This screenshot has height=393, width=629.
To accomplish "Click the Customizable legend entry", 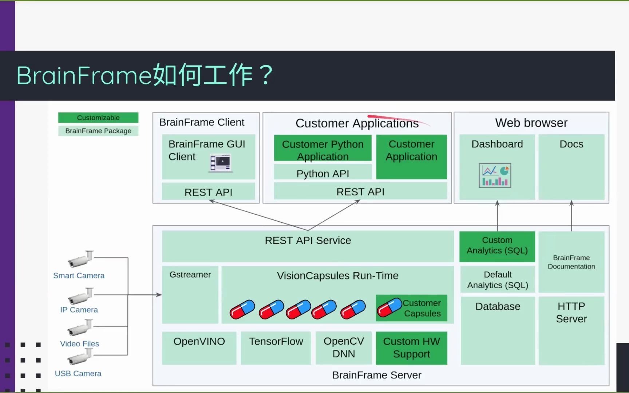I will coord(98,118).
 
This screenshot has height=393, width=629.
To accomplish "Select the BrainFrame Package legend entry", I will coord(98,131).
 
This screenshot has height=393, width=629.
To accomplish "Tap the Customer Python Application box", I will coord(323,150).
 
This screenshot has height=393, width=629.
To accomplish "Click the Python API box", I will coord(323,173).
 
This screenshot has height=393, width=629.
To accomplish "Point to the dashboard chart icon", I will coord(495,175).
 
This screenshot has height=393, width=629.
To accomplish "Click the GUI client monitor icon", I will coord(221,163).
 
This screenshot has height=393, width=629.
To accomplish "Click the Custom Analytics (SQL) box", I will coord(497,246).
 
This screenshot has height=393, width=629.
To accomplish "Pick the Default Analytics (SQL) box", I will coord(497,279).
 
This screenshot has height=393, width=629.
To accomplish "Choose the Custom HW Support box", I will coord(411,348).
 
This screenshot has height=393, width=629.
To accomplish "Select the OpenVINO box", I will coord(199,348).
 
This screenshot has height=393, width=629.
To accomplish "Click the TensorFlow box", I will coord(276,348).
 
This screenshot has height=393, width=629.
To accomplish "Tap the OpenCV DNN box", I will coord(343,348).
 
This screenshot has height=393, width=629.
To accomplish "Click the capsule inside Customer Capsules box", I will coord(389,308).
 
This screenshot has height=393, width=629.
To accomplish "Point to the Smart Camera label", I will coord(79,275).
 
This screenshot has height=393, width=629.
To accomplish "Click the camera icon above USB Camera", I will coord(80,357).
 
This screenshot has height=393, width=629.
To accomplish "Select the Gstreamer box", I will coord(190,294).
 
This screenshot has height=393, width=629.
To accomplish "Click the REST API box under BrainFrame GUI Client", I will coord(208,192).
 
